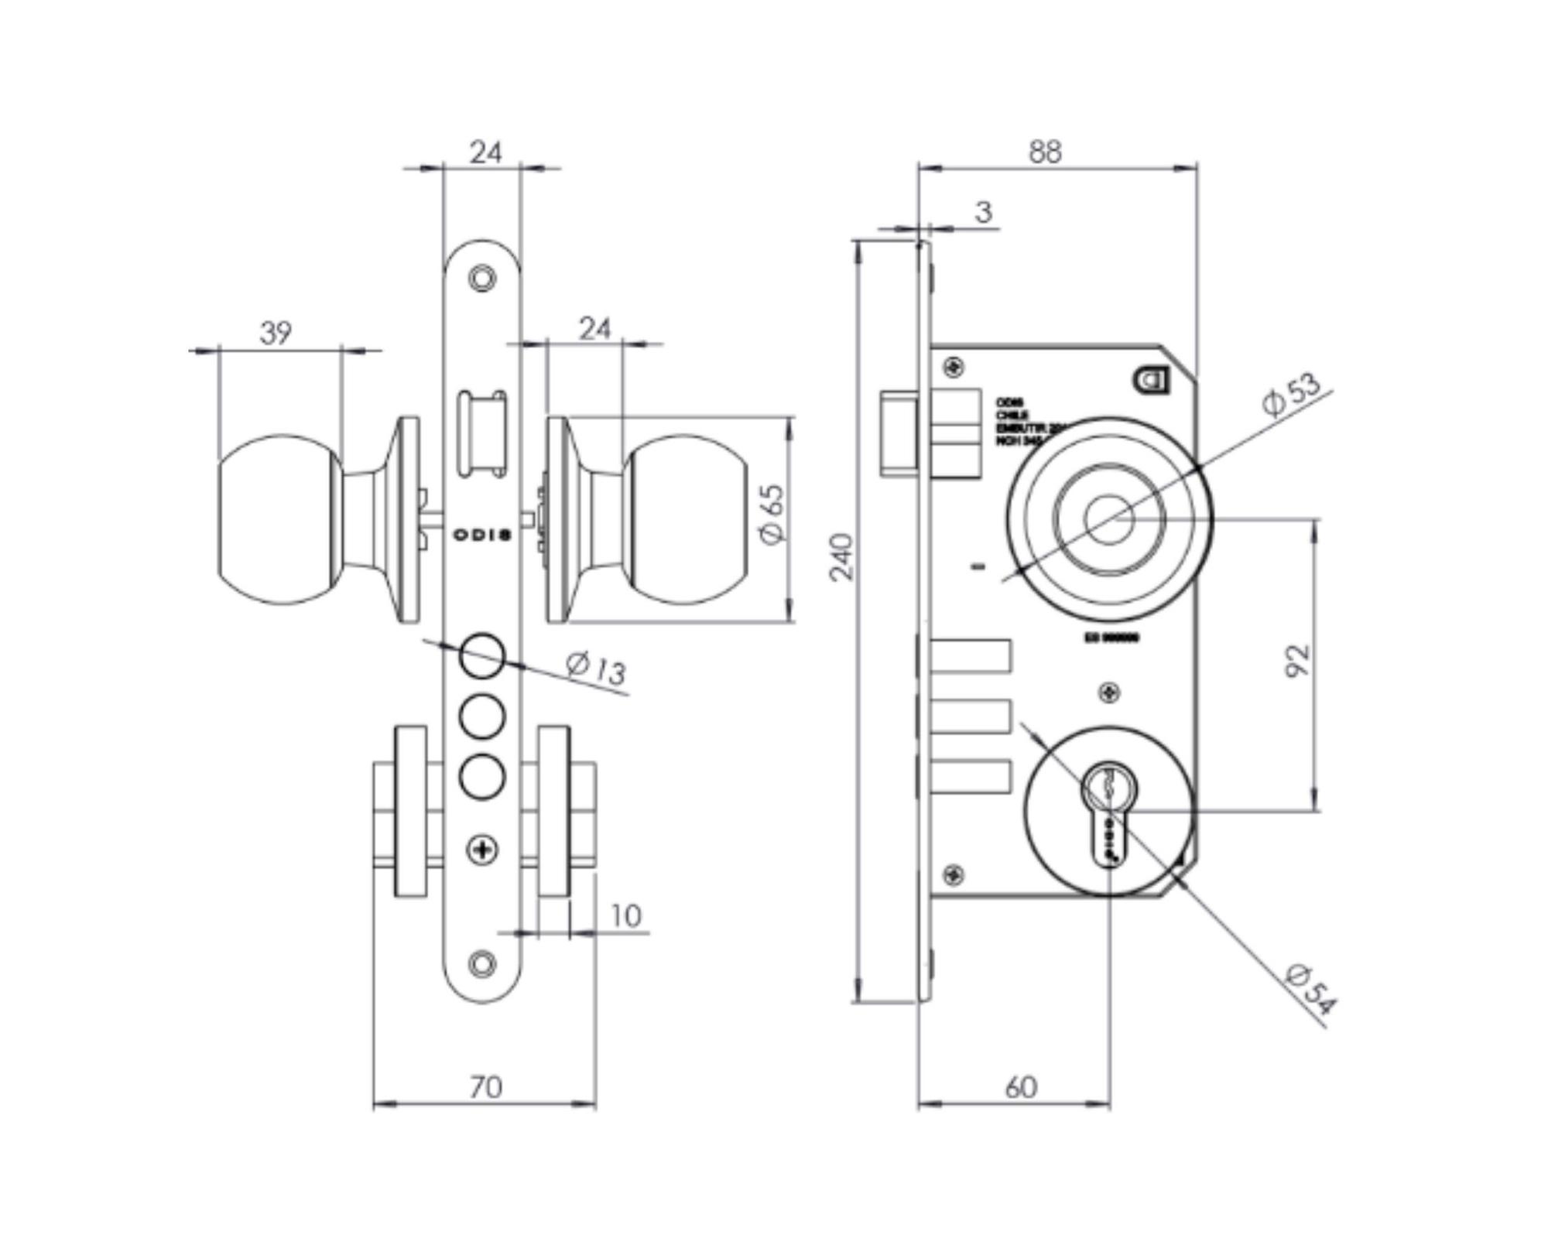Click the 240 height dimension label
coord(841,556)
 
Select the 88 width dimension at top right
coord(1045,152)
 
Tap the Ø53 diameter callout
coord(1291,395)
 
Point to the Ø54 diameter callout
coord(1310,989)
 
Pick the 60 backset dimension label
coord(1021,1087)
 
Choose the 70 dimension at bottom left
coord(485,1087)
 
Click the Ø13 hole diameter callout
coord(596,668)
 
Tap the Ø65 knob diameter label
coord(772,515)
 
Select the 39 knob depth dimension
coord(276,333)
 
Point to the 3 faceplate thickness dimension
coord(983,211)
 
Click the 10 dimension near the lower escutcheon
coord(625,916)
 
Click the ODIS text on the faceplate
coord(481,535)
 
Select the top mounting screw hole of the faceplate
coord(482,278)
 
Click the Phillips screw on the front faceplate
coord(482,850)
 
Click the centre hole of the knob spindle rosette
coord(1109,520)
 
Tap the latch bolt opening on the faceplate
coord(481,434)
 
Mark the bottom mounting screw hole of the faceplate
coord(482,964)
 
